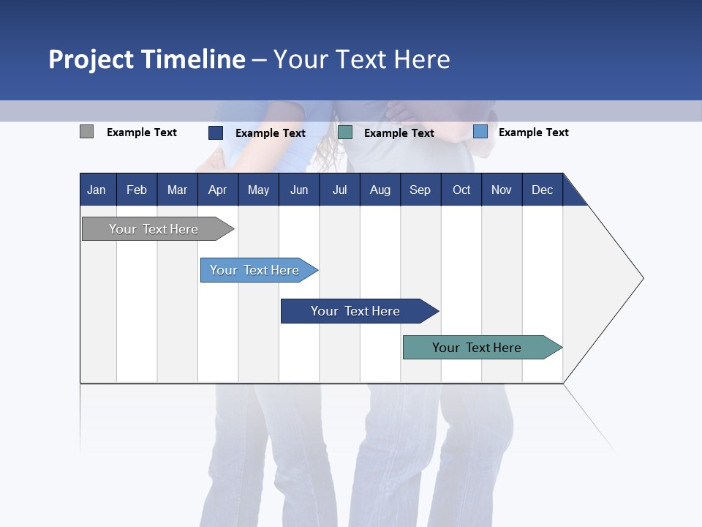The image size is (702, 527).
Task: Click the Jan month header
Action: pos(97,190)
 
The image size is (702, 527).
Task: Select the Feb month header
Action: pos(137,190)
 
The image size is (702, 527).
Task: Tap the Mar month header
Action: pos(177,190)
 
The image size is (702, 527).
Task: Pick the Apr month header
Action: pos(218,190)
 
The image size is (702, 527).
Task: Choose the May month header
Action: pos(258,190)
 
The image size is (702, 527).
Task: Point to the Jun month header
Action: pos(299,190)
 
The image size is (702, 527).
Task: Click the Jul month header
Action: pos(339,190)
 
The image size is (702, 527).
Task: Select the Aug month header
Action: pos(380,190)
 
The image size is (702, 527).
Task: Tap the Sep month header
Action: pos(420,190)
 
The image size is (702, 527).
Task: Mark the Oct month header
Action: pos(461,190)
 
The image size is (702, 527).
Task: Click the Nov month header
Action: pos(502,190)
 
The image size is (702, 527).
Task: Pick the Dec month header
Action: pos(543,190)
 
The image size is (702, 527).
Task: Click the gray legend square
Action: pos(86,132)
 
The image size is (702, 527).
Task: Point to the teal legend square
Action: pos(345,132)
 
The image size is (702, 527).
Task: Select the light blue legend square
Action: pos(480,132)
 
